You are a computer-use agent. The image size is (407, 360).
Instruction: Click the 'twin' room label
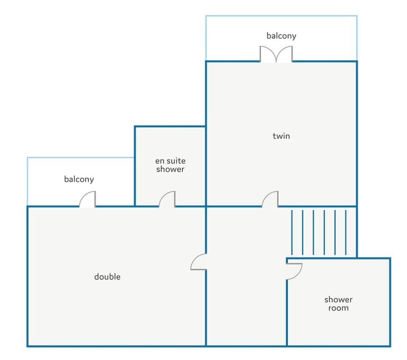coord(281,136)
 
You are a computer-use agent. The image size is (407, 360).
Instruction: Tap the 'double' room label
coord(107,277)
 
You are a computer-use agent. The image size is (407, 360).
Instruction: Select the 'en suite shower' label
coord(170,165)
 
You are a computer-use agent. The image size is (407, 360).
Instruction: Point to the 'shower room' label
coord(338,304)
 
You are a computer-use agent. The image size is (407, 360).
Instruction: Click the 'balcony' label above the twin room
coord(282,36)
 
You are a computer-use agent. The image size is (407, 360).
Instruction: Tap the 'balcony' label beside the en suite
coord(79,179)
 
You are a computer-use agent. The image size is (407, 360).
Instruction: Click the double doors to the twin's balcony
coord(276,55)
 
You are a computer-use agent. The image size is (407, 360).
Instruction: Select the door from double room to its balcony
coord(87,199)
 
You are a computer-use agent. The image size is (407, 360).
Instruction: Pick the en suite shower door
coord(167,199)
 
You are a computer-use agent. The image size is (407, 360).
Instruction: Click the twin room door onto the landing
coord(270,199)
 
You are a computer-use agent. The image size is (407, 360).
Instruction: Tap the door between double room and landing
coord(198,262)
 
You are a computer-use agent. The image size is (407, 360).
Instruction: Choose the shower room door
coord(294,271)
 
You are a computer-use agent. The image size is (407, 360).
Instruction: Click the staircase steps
coord(319,233)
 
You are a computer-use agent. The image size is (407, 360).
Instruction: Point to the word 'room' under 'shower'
coord(338,308)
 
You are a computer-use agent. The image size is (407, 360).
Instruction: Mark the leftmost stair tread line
coord(292,233)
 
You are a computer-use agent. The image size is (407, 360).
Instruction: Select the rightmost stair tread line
coord(346,233)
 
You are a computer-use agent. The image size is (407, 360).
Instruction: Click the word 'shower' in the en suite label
coord(170,169)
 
